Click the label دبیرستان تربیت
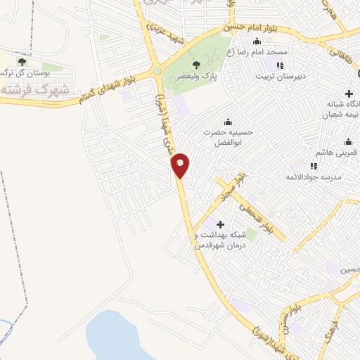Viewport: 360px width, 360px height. pos(283,77)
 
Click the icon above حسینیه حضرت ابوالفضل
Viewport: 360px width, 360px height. pos(226,120)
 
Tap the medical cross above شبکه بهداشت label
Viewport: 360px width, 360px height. pos(211,223)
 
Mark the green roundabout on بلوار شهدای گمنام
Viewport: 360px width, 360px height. pos(156,70)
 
